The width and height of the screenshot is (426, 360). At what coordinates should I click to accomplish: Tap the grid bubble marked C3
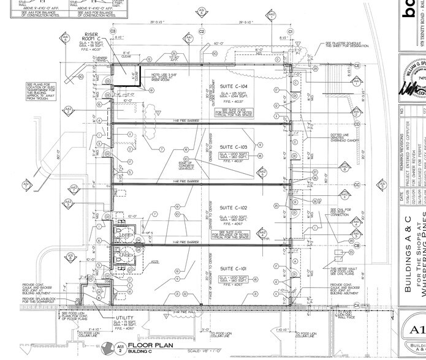113,31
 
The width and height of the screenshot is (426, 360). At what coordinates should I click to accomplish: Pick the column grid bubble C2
202,31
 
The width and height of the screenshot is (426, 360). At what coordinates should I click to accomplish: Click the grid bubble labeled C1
291,31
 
